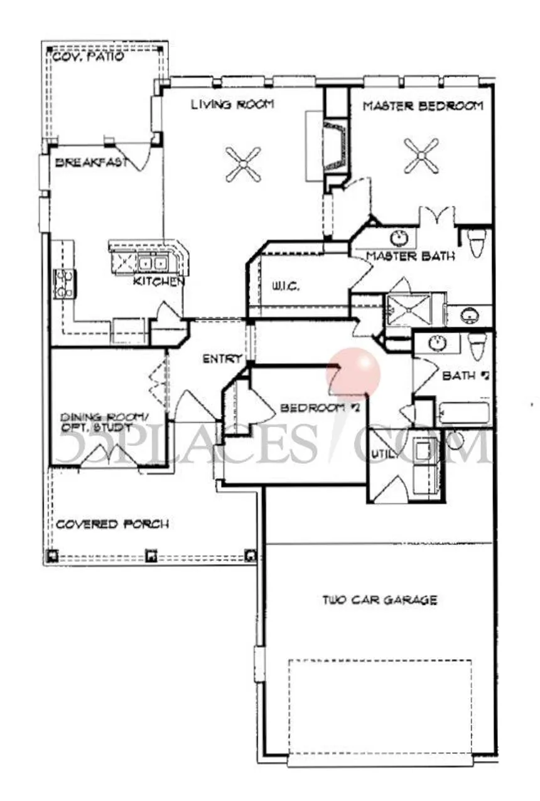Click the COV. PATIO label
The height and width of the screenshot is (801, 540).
click(88, 57)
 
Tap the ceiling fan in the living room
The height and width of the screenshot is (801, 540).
click(243, 164)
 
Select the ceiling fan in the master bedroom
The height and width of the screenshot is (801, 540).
click(421, 155)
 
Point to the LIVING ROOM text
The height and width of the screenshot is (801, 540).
click(232, 105)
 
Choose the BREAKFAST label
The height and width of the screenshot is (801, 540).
click(92, 162)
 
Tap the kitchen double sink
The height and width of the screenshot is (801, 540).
click(151, 262)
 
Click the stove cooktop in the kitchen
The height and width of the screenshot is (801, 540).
click(65, 283)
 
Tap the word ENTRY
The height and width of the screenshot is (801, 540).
click(222, 359)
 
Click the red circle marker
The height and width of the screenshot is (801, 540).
click(354, 374)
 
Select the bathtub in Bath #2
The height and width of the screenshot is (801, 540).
click(463, 414)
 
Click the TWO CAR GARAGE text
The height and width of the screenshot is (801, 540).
click(380, 600)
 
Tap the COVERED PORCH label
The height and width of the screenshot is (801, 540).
click(112, 524)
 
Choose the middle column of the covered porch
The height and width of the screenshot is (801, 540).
click(151, 555)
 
